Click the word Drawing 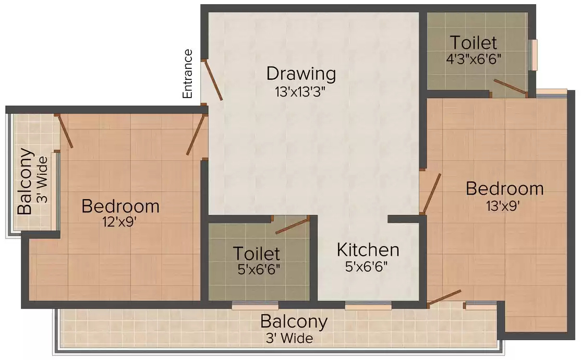point(301,74)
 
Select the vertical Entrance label point(188,74)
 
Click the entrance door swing point(214,80)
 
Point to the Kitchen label point(368,250)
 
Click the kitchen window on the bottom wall point(368,306)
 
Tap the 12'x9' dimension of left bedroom point(120,222)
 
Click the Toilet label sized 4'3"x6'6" point(474,42)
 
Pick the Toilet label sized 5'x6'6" point(256,254)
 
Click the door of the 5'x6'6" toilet point(292,225)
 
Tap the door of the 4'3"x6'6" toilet point(510,88)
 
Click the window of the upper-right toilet point(533,55)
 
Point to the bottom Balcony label point(294,321)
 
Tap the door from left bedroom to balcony point(65,131)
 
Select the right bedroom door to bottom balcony point(445,297)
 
